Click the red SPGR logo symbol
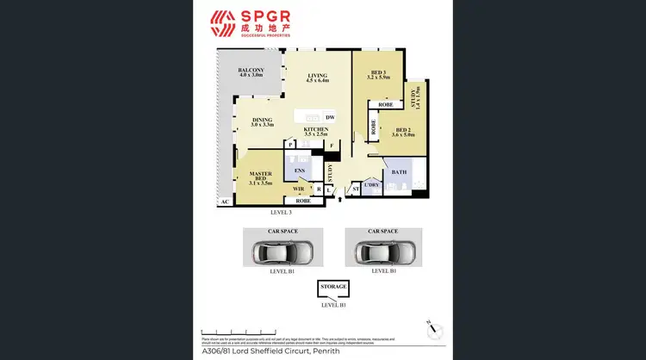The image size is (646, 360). coord(223,23)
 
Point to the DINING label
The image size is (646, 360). coord(262,121)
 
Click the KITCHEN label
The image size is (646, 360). coord(316,130)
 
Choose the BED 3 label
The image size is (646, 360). coord(378,74)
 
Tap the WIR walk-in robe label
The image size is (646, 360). coord(298,188)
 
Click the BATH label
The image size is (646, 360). coord(399,172)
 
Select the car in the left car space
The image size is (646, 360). coord(283,252)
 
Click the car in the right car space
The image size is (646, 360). coord(383,252)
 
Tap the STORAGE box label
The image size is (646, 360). coord(333,286)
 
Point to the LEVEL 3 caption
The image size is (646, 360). coord(282,212)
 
